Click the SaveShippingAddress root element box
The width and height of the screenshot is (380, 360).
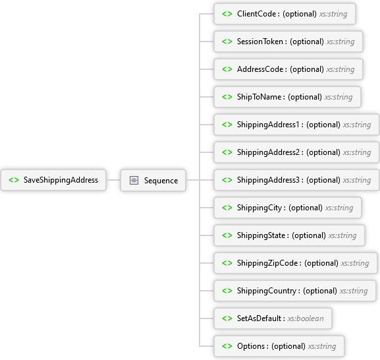tap(53, 180)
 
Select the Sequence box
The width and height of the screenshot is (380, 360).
tap(153, 180)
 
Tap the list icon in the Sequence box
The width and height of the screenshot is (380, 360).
tap(134, 180)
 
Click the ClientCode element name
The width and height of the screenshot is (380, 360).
tap(256, 14)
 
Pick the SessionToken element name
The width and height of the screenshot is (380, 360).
tap(260, 42)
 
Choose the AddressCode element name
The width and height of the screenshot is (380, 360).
tap(260, 69)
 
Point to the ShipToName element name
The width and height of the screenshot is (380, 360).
tap(259, 97)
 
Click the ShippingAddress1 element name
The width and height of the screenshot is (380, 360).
tap(268, 125)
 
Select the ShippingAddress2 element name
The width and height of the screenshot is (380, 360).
tap(268, 152)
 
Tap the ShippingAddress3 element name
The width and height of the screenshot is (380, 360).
tap(268, 180)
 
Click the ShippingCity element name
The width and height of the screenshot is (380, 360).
tap(259, 208)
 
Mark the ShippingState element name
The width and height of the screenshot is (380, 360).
tap(261, 235)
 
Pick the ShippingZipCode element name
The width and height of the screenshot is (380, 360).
tap(267, 263)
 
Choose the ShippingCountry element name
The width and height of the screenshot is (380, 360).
tap(267, 291)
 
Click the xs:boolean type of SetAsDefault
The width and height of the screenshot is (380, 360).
tap(306, 318)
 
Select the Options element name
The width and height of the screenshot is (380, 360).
tap(251, 346)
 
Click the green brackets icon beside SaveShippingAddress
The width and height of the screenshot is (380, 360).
tap(14, 180)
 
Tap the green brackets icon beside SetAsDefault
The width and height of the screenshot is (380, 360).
tap(227, 318)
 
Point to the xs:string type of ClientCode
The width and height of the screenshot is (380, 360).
tap(333, 14)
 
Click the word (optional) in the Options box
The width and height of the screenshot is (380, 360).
tap(288, 346)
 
